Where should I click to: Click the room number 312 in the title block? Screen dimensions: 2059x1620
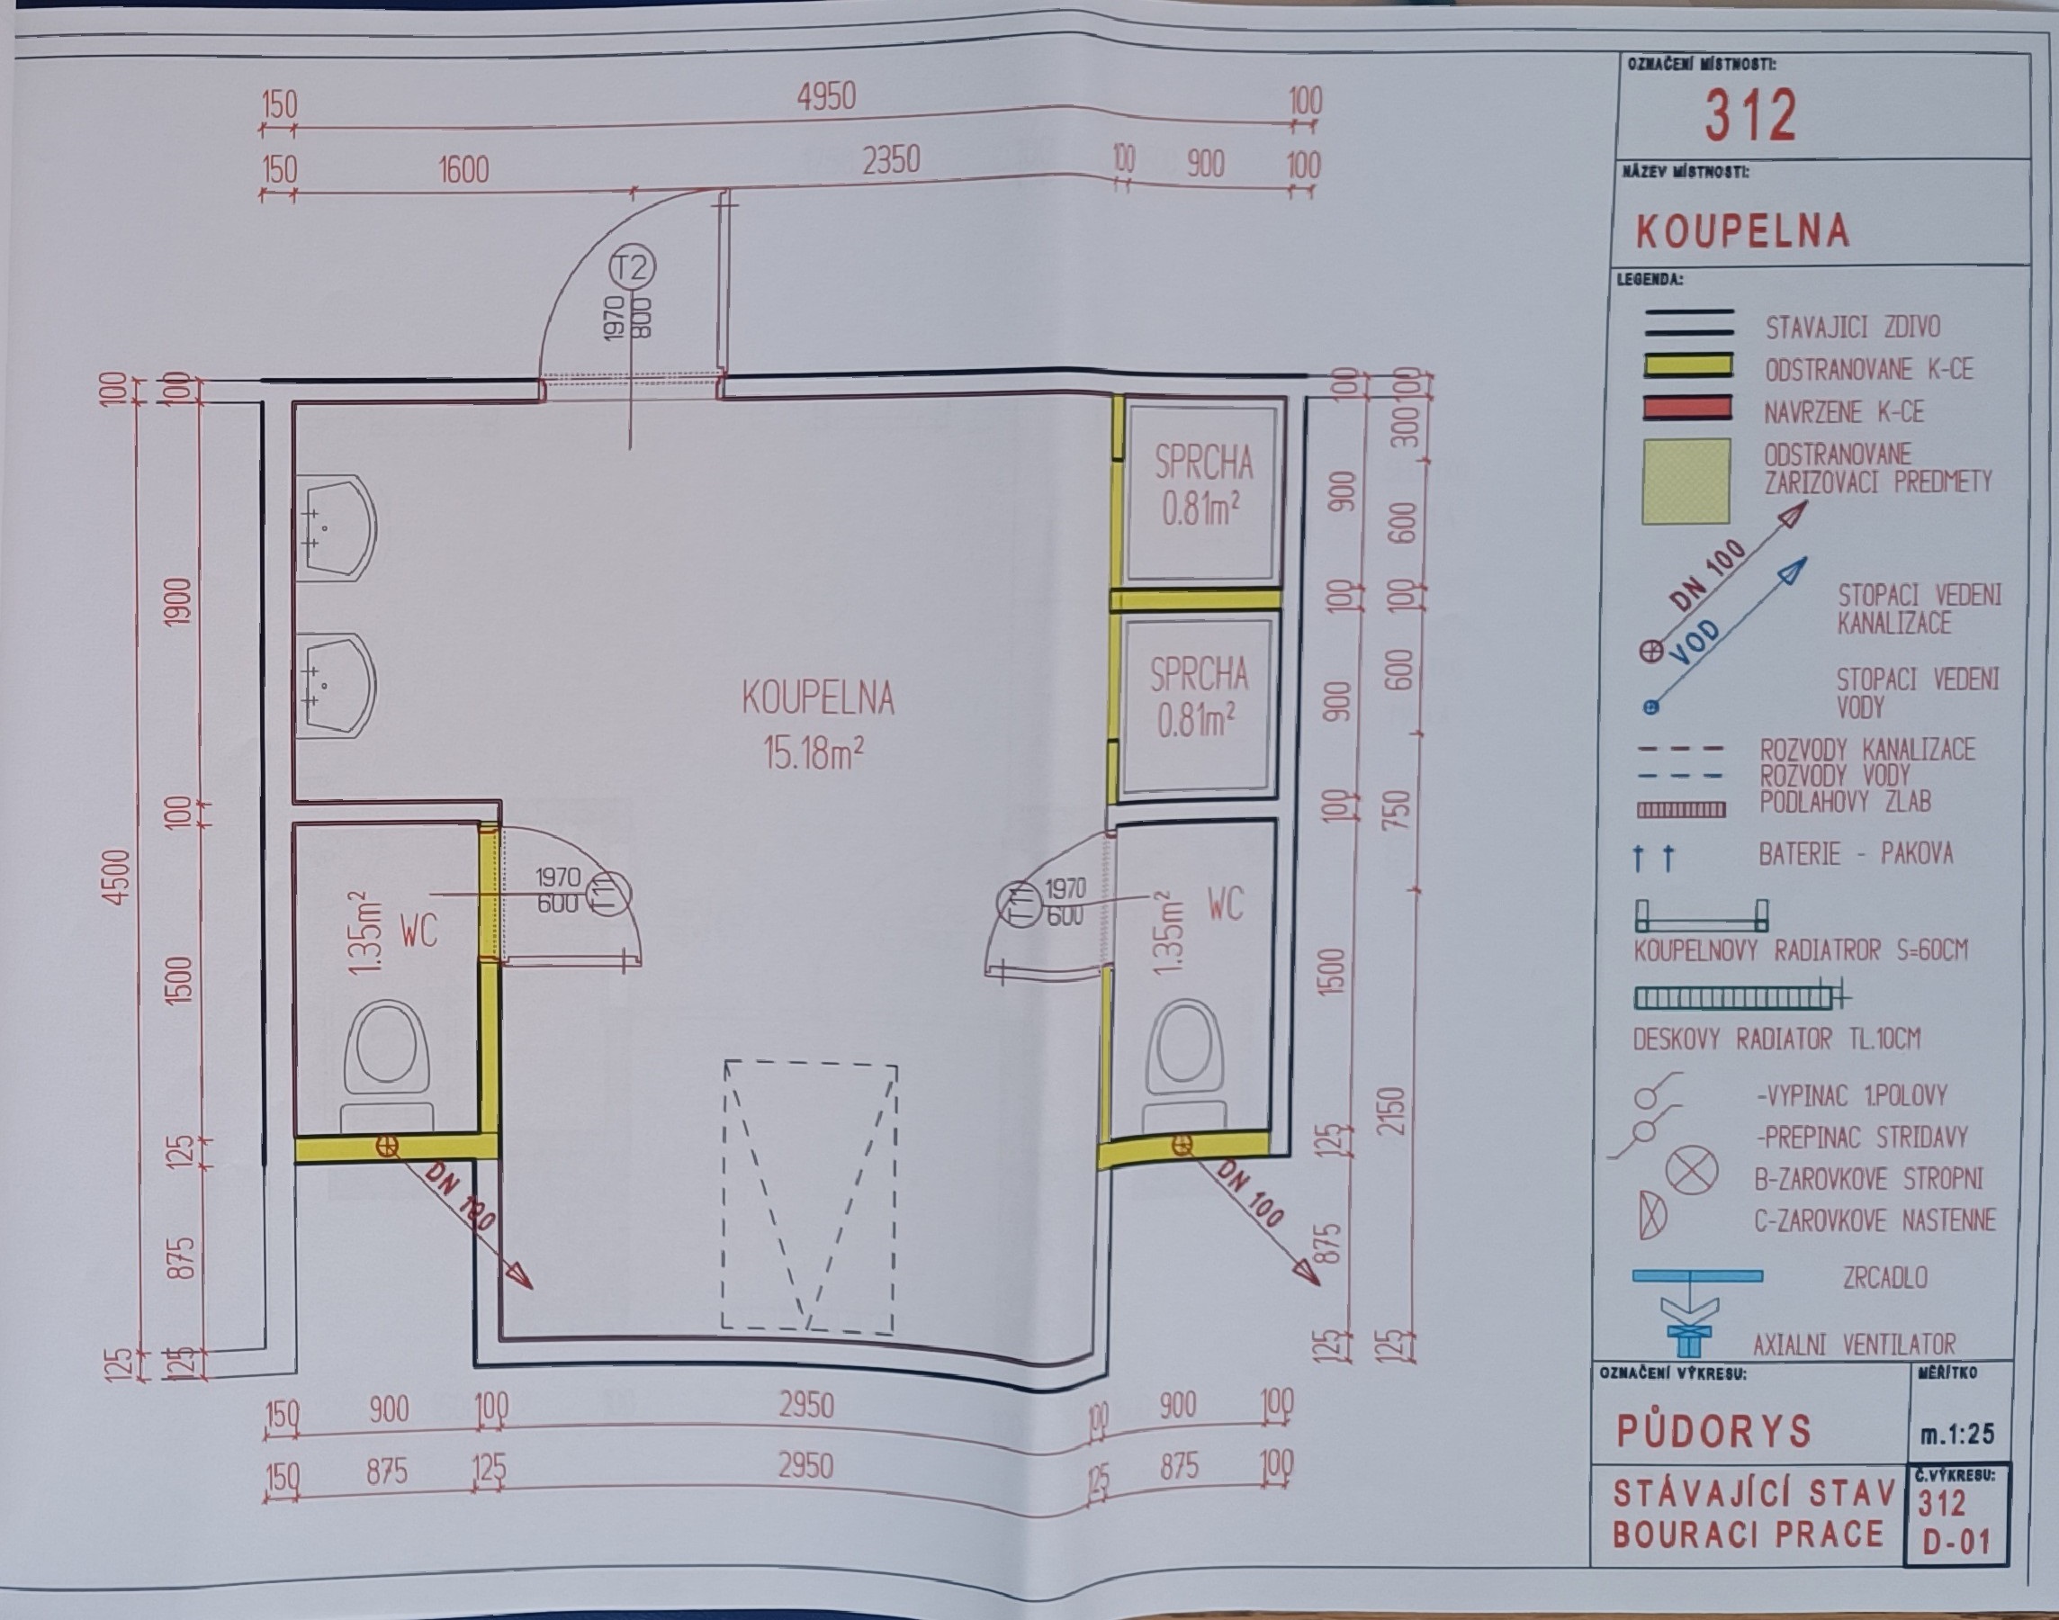[x=1750, y=116]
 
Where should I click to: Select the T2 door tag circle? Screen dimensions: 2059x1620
[x=633, y=267]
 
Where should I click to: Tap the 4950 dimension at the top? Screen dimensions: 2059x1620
[x=826, y=95]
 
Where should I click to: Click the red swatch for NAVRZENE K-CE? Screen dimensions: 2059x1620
[x=1687, y=409]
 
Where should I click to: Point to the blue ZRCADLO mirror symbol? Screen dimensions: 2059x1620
[x=1696, y=1275]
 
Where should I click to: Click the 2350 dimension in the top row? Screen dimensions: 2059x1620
[x=891, y=159]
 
